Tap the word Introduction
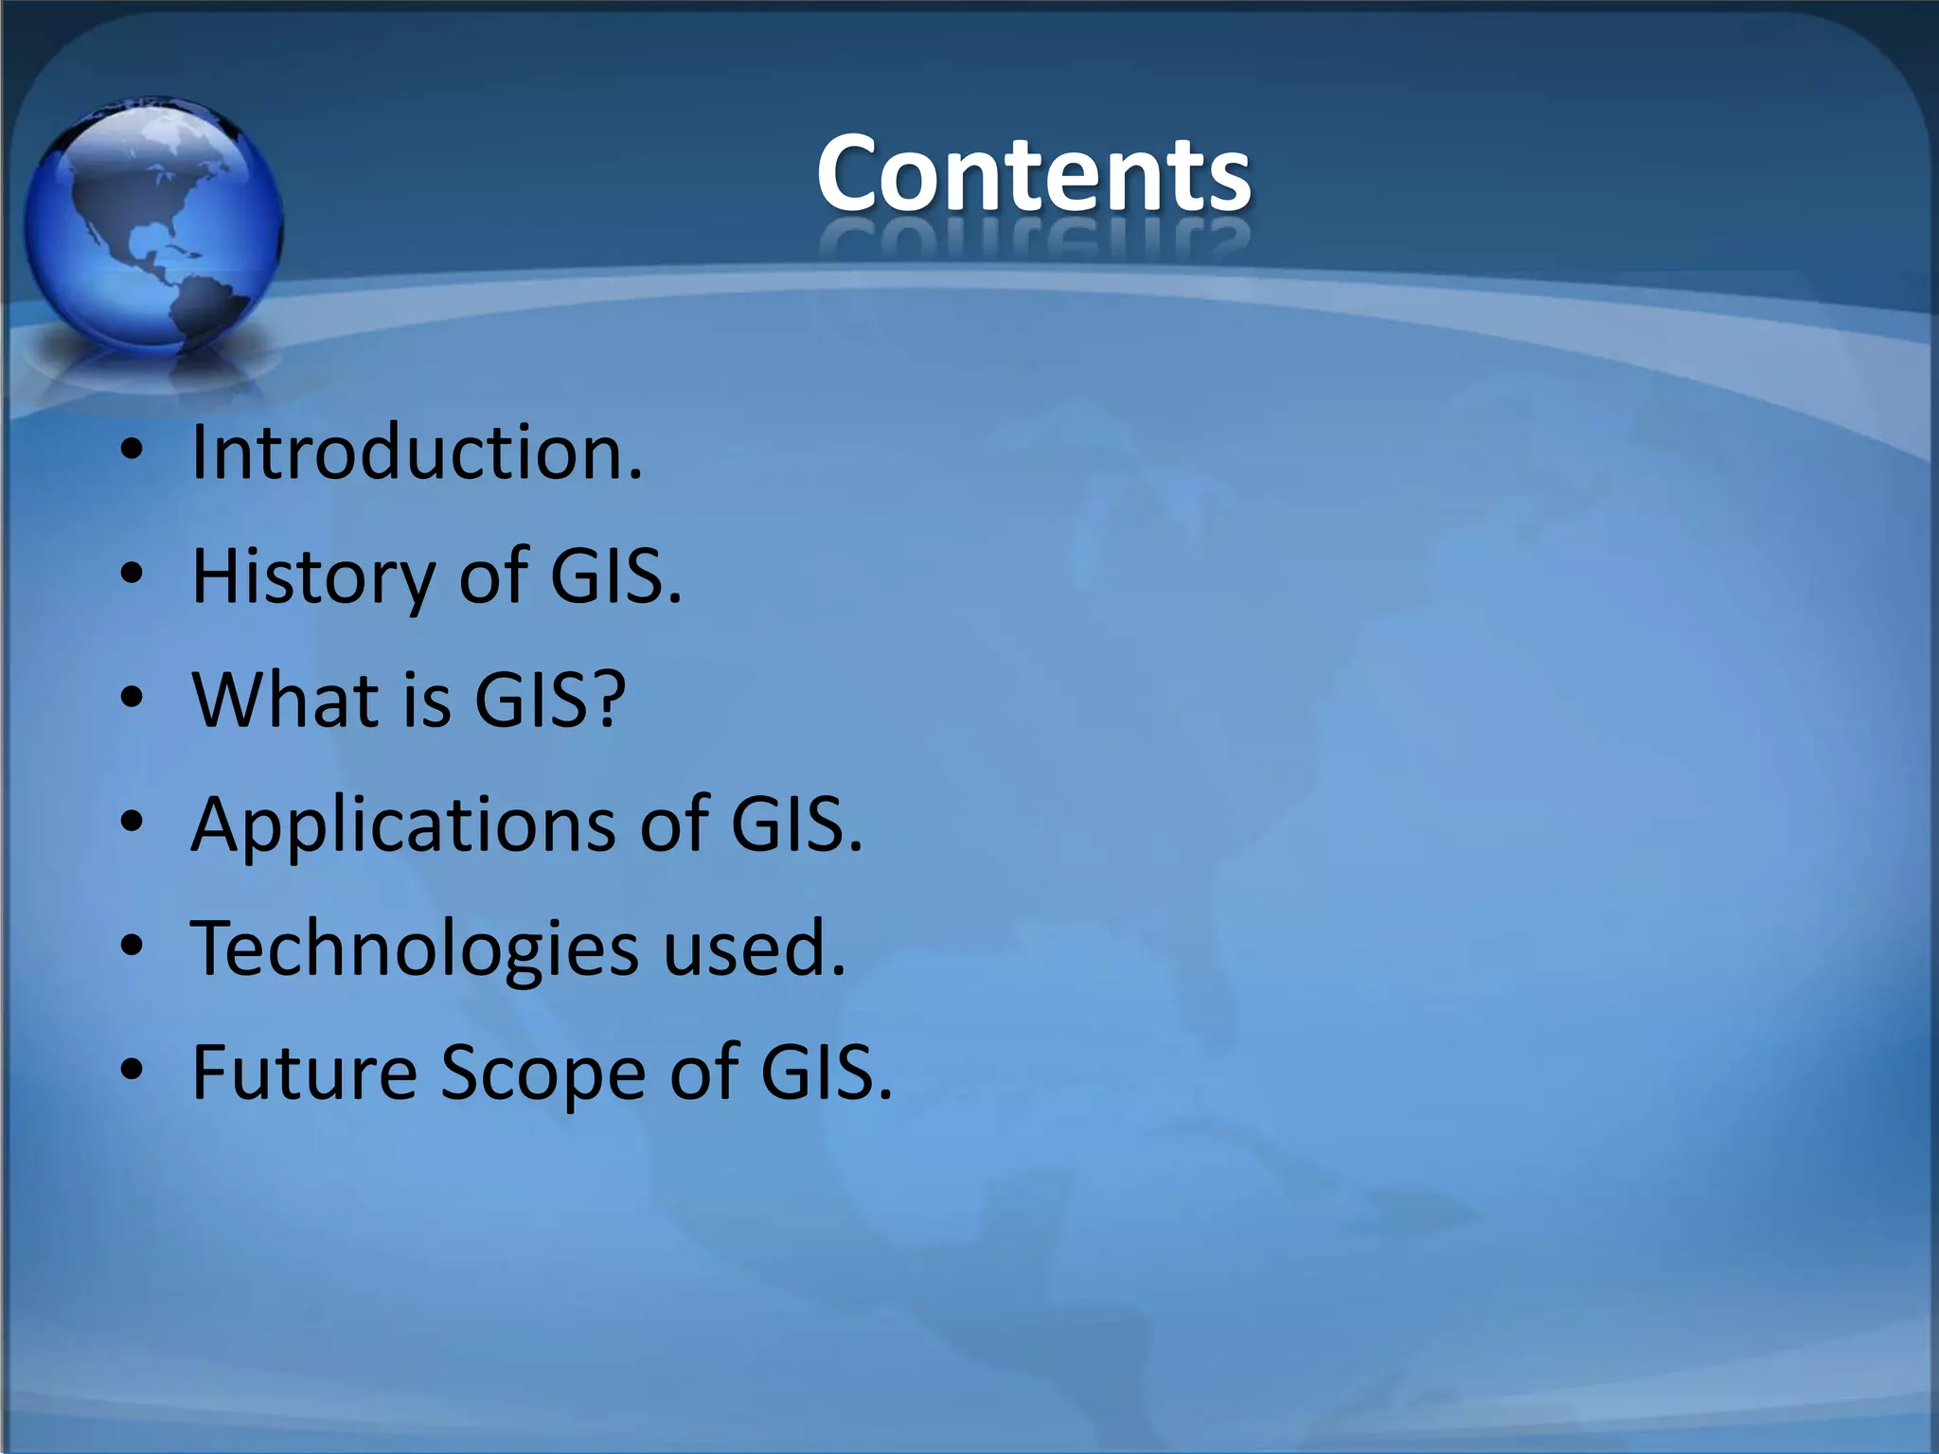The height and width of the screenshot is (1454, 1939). (x=417, y=452)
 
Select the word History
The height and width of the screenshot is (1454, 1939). (x=312, y=576)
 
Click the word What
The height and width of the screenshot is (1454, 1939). (x=285, y=700)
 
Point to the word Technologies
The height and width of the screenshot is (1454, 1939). (x=415, y=949)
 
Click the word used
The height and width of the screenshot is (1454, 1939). (x=753, y=949)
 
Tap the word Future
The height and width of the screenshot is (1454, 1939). (x=304, y=1073)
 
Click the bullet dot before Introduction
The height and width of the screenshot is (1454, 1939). (x=133, y=452)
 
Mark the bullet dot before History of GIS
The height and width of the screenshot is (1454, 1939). (x=133, y=575)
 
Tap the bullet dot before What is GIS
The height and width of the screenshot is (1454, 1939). (x=133, y=699)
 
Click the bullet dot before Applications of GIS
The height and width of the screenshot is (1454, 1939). (x=133, y=823)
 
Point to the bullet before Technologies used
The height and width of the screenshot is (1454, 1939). (x=133, y=947)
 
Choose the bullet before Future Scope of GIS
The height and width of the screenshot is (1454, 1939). (x=133, y=1071)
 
